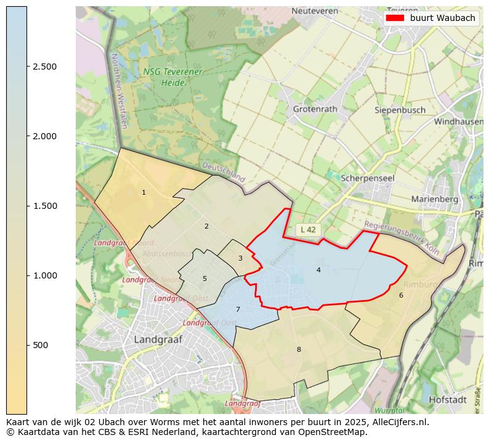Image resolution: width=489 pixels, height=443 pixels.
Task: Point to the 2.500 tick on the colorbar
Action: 27,67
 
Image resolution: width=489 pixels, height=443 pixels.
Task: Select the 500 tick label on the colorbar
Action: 41,345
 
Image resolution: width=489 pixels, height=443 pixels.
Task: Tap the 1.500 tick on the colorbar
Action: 27,206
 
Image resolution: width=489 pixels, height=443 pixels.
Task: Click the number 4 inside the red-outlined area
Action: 318,270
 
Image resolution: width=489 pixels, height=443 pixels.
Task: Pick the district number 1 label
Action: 143,193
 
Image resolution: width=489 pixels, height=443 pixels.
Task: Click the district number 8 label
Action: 299,349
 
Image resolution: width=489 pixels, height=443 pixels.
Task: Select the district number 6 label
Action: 401,295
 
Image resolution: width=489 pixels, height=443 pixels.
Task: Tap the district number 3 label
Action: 240,258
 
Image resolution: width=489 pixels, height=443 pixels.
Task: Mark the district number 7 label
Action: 238,309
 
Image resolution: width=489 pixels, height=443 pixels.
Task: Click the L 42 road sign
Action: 309,229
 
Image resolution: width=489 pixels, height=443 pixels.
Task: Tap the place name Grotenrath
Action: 315,109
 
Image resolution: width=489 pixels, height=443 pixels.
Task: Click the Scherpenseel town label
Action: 368,177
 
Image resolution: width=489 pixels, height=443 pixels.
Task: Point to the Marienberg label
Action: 435,199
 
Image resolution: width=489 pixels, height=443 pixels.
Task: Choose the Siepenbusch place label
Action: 400,110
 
